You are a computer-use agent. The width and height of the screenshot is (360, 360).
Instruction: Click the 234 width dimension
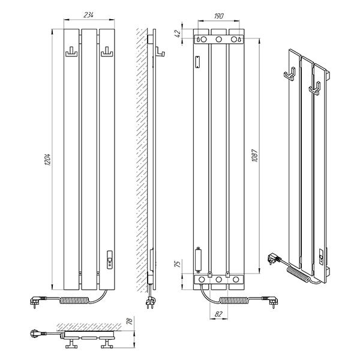[88, 15]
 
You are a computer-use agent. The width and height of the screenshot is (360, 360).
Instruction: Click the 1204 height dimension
[47, 160]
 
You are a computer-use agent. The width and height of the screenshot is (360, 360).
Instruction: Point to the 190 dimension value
[218, 16]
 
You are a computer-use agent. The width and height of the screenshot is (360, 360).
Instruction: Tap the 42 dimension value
[178, 34]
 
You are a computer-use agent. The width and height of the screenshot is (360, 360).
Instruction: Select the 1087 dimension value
[255, 156]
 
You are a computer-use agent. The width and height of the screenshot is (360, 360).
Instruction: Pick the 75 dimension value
[178, 264]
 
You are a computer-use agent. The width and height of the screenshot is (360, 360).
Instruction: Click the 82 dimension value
[218, 314]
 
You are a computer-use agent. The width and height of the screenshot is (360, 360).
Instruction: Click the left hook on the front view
[71, 52]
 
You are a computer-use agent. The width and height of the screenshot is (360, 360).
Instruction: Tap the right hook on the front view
[107, 52]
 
